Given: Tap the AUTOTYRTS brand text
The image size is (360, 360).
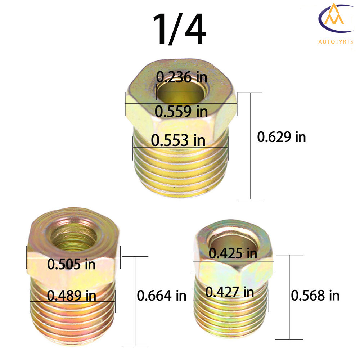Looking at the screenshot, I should pos(336,42).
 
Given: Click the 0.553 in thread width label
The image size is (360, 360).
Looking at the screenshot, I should pos(178,140).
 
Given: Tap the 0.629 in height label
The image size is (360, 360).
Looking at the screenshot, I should pos(281,137).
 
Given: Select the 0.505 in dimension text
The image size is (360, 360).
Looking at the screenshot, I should pos(72,265).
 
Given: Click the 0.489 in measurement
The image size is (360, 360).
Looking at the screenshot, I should pos(72,296).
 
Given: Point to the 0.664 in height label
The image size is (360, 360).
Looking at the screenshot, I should pos(162,296).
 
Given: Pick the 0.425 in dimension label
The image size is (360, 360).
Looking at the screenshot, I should pos(233,254).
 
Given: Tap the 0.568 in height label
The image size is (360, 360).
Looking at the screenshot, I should pos(315,296).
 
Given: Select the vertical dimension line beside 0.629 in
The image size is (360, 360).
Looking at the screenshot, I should pos(251,146).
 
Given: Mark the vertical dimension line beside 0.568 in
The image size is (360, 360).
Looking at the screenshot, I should pos(289,297).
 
